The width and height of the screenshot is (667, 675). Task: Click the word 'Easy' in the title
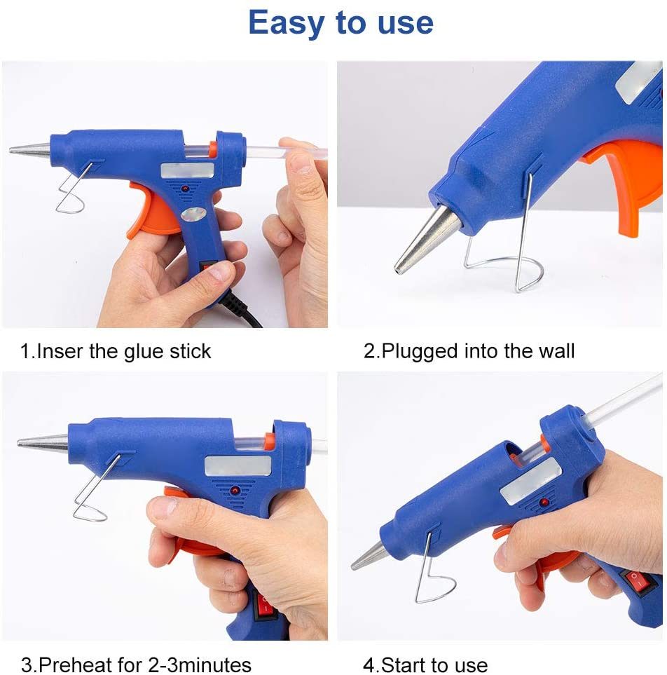[287, 22]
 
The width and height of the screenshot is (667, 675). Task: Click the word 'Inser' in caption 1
[59, 350]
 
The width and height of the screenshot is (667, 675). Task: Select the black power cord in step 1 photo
[245, 312]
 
